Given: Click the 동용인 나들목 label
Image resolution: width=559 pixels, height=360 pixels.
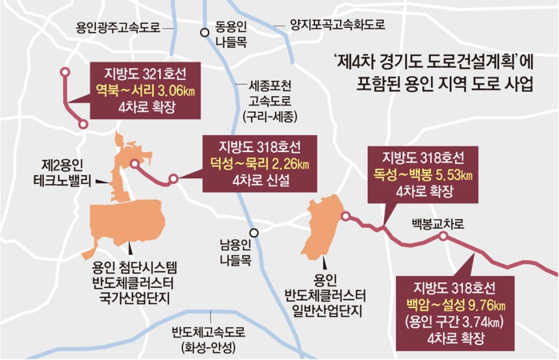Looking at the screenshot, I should (232, 36).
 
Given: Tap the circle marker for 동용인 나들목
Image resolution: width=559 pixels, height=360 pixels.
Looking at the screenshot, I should (204, 31).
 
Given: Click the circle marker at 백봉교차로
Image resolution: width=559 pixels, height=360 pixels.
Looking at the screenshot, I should (443, 237).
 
